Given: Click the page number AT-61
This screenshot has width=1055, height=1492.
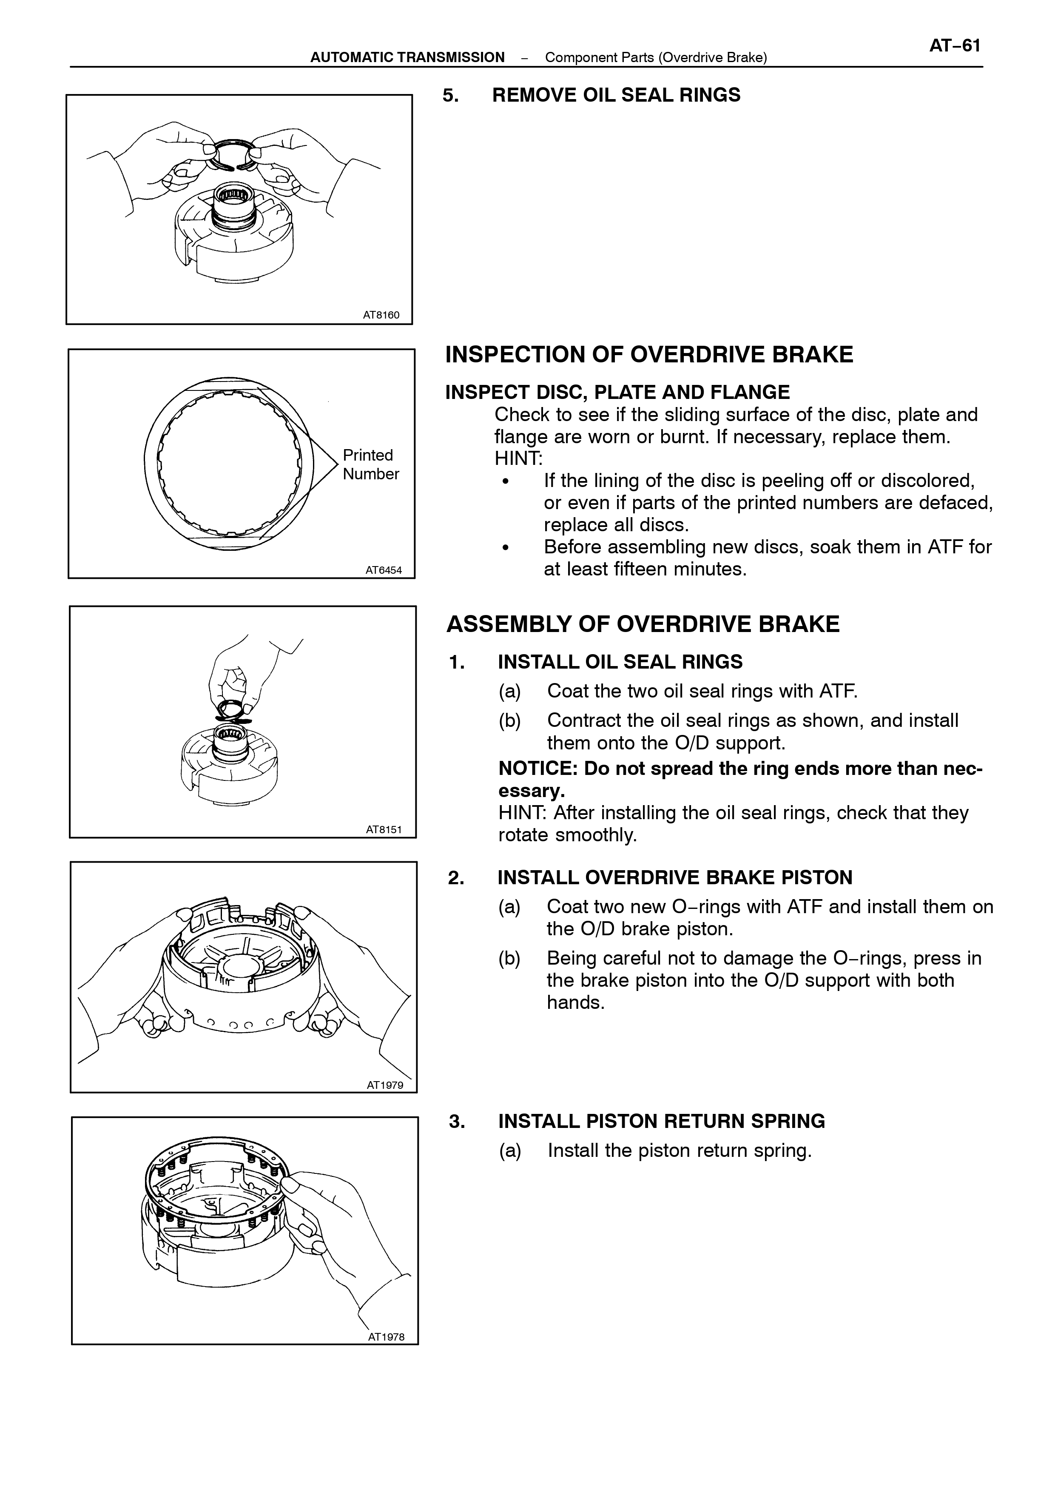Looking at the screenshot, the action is point(954,46).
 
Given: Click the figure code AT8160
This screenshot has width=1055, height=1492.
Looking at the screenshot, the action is point(381,315).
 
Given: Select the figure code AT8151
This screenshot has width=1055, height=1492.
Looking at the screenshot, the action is point(384,829).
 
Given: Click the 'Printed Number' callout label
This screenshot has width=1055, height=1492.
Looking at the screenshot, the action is point(370,464).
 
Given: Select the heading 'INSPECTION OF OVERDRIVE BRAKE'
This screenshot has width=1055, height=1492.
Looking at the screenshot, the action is point(649,354).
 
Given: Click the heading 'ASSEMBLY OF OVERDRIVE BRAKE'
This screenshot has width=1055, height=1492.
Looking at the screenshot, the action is point(643,624).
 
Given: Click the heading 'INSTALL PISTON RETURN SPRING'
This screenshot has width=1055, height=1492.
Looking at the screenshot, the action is point(661,1121).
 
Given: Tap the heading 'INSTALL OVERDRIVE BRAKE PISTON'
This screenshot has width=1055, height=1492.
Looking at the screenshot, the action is point(675,877).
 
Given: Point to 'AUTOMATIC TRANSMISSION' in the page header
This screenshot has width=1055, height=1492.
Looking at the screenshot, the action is point(407,57).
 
